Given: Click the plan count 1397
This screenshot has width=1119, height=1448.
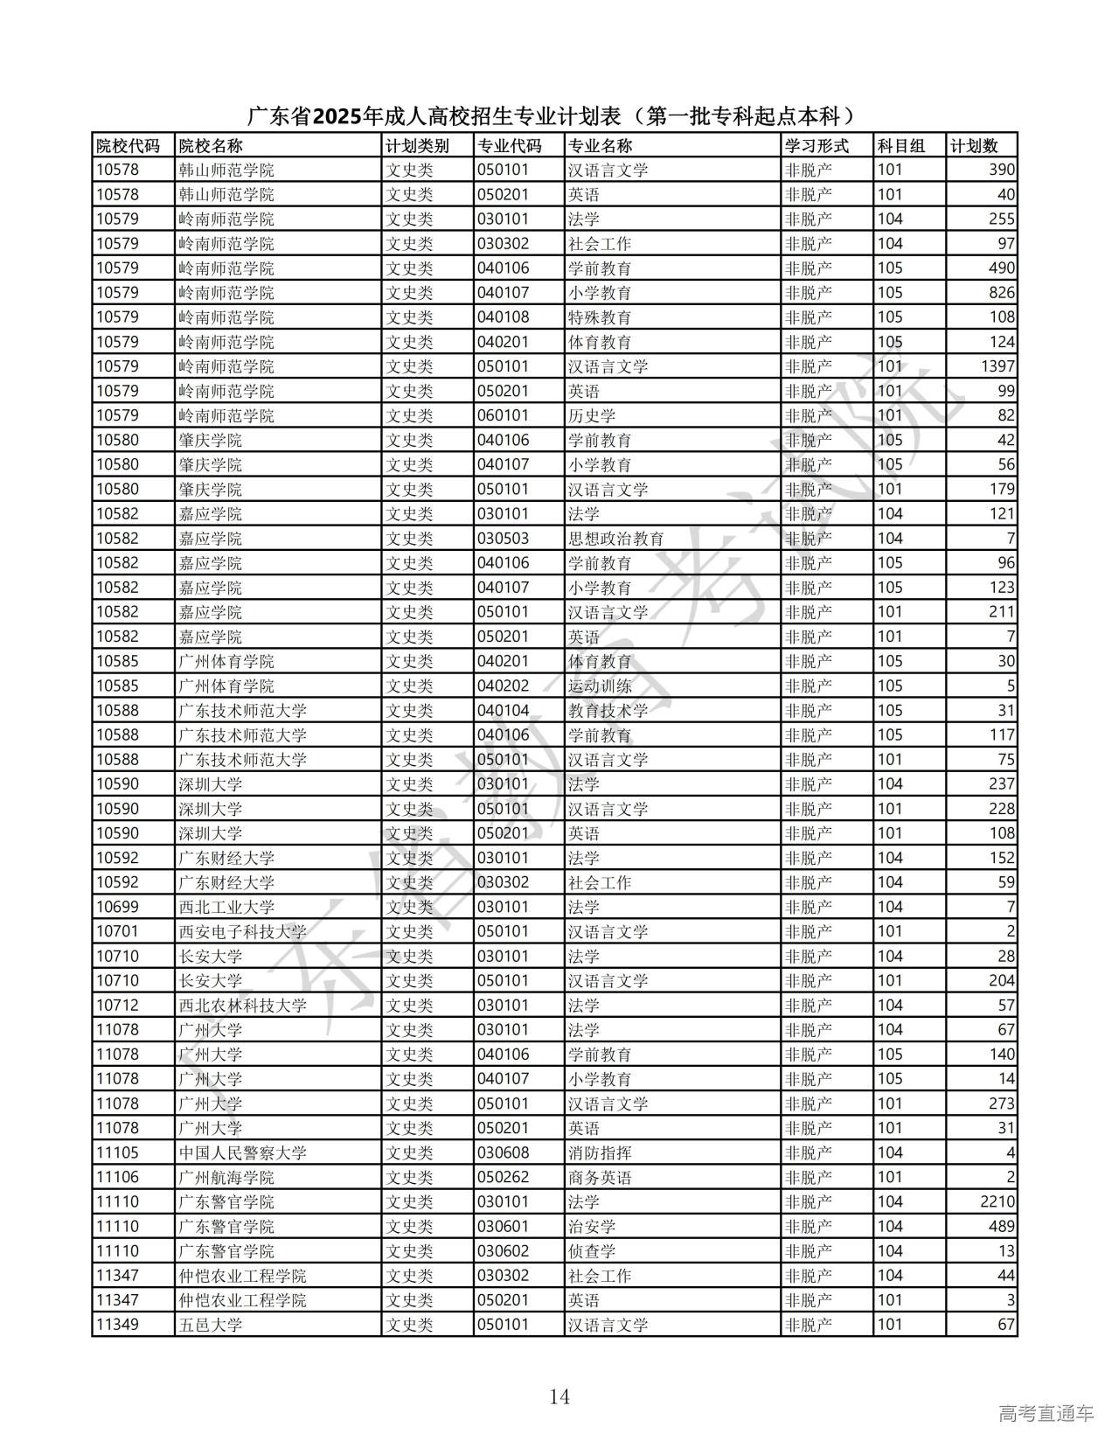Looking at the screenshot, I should pos(997,366).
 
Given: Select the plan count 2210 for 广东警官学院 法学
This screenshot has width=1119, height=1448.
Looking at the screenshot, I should pos(997,1201).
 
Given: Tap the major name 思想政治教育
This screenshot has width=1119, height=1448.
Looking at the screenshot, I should pos(615,539).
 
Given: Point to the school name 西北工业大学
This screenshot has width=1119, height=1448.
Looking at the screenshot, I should pos(226,907).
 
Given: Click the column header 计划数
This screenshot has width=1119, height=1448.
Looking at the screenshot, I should pos(974,146).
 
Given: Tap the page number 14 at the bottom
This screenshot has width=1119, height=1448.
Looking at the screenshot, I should pos(559,1396).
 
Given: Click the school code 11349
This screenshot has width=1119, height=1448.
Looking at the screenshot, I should pos(117,1325).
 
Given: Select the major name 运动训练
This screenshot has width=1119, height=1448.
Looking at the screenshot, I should pos(600,686).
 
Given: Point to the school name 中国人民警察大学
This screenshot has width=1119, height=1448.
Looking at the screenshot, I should pos(242,1152).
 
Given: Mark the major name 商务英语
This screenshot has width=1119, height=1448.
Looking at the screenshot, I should pos(600,1177).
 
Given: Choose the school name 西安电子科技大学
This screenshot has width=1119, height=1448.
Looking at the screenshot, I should pos(242,931).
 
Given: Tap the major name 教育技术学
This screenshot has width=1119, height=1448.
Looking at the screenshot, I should pos(608,710).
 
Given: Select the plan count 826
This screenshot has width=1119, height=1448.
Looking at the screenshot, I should pos(1002,293).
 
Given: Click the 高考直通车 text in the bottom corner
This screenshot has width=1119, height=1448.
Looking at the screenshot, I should pos(1046,1413).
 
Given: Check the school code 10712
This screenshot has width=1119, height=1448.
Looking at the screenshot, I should pos(117,1006).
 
